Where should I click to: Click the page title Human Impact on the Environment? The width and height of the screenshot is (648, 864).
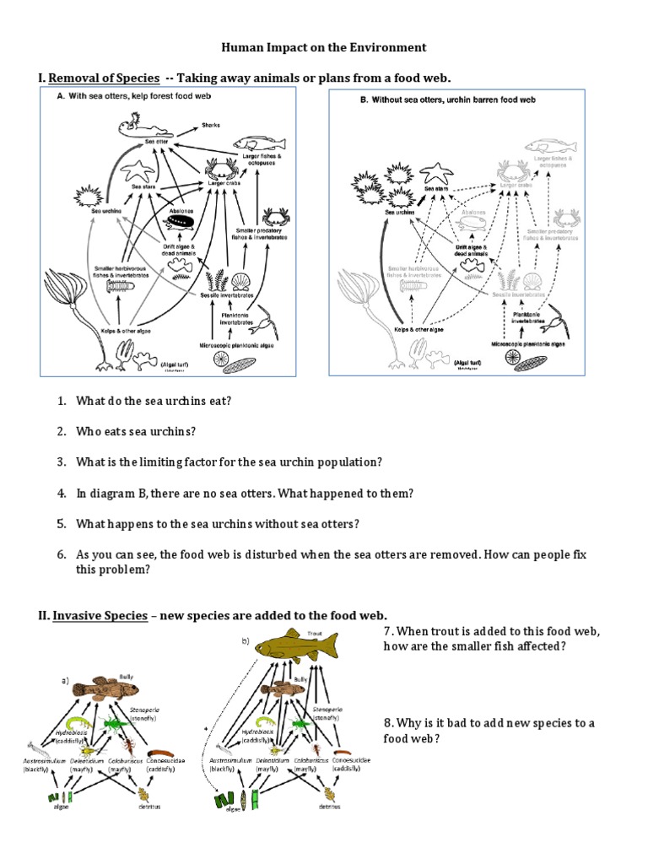(x=324, y=47)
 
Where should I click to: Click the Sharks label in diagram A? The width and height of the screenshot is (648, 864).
(x=210, y=126)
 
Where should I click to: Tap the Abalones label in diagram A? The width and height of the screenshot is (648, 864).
(x=181, y=211)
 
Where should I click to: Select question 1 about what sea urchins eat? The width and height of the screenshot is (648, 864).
(x=152, y=401)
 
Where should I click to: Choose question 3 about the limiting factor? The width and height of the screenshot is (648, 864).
(x=228, y=462)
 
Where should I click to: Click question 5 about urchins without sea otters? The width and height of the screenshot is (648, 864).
(x=217, y=523)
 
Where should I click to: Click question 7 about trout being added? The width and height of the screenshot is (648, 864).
(x=490, y=640)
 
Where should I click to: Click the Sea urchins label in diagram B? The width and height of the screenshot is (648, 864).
(x=401, y=213)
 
